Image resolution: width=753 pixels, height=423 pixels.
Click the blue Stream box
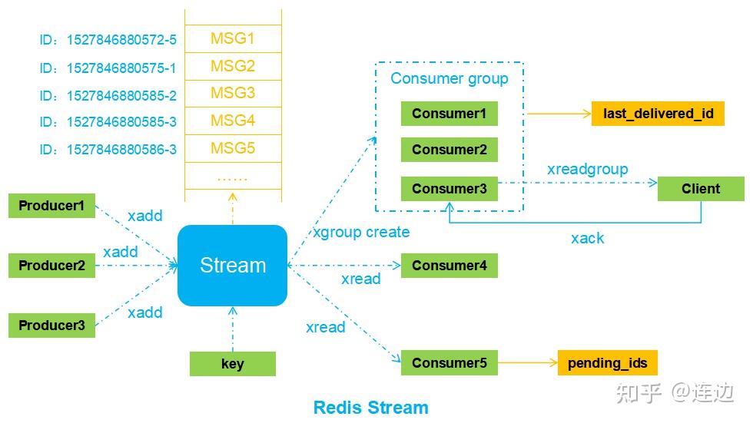click(232, 266)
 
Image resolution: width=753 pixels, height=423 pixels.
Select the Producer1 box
click(51, 206)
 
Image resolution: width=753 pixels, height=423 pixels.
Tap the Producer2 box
click(51, 266)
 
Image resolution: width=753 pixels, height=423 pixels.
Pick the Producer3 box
click(51, 325)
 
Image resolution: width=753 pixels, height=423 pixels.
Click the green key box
click(232, 364)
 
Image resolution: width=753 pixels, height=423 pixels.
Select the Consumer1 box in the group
click(449, 114)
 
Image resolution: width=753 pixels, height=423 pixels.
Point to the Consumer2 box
click(449, 150)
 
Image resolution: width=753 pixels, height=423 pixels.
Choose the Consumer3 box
click(449, 189)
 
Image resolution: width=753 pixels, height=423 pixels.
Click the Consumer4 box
click(449, 266)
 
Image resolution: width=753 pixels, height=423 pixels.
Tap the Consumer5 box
click(449, 363)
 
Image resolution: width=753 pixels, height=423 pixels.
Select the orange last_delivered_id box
click(658, 114)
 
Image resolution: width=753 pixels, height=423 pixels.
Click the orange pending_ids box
click(607, 363)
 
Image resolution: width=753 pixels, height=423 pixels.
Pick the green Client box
click(701, 189)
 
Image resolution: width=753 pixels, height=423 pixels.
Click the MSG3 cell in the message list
click(232, 93)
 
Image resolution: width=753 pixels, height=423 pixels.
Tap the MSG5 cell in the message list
click(232, 147)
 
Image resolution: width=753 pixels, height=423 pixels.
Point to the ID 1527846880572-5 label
click(108, 38)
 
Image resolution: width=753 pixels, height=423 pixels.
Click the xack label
click(587, 239)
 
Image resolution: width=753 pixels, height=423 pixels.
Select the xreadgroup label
click(587, 169)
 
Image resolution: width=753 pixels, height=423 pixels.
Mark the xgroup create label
click(361, 232)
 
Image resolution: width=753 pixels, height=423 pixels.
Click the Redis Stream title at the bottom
click(370, 407)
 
